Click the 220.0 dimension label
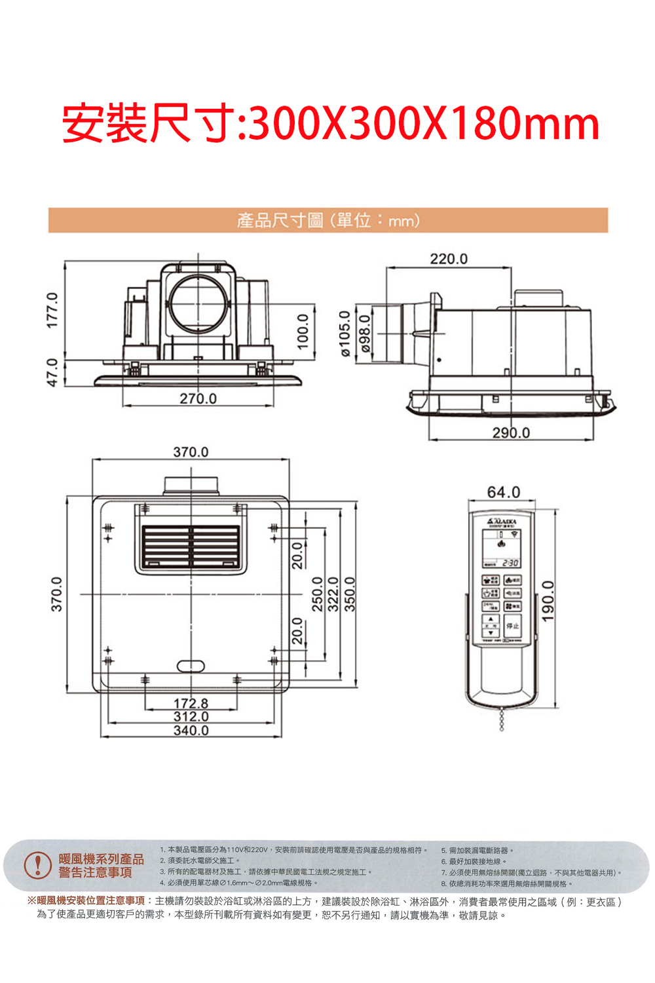449,259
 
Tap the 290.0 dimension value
511,433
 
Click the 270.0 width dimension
198,398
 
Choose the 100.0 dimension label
302,331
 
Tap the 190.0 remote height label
548,602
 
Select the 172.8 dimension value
191,704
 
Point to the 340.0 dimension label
191,730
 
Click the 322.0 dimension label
333,594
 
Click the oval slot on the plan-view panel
191,666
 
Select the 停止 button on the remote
512,625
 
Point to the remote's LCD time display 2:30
510,564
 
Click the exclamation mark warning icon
37,865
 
